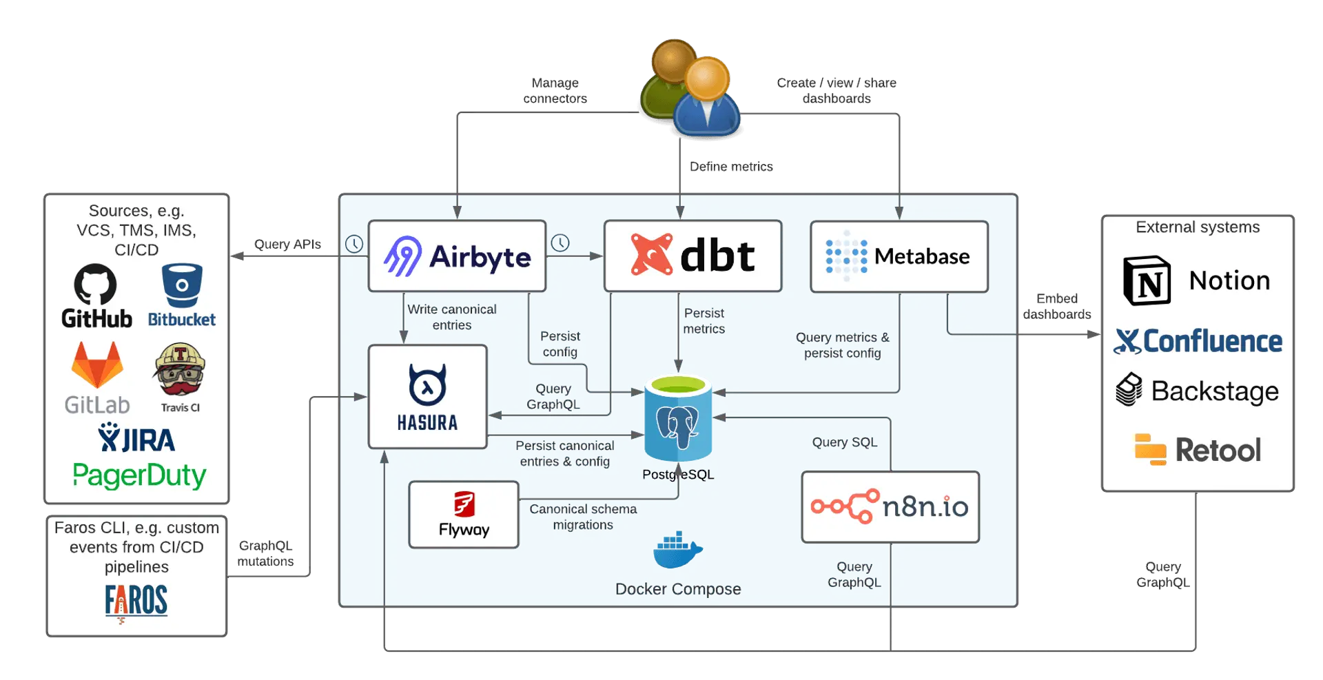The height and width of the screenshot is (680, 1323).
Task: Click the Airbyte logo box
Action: coord(457,256)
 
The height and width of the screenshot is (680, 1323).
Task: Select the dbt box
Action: coord(693,256)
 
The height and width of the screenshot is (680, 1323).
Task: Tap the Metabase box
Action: coord(899,256)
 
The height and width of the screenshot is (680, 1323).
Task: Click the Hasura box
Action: coord(427,397)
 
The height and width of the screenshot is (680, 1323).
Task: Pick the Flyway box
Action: coord(464,515)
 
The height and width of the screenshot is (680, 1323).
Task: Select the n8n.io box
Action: coord(890,507)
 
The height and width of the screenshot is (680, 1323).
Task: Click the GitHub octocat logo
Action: coord(95,284)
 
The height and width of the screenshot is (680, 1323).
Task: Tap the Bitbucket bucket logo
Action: coord(182,285)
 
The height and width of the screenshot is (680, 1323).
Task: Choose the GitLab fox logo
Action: coord(97,365)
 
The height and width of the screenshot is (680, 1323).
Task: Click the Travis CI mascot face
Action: coord(180,369)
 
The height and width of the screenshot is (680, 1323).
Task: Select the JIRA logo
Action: coord(136,439)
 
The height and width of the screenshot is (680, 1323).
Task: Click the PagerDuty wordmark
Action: coord(139,475)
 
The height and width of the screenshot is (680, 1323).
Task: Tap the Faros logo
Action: coord(136,601)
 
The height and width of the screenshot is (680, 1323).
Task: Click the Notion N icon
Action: coord(1147,280)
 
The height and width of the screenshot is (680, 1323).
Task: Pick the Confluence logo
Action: coord(1198,341)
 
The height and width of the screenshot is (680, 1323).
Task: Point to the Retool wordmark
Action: coord(1218,451)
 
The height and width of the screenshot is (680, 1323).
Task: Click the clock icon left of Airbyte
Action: coord(354,244)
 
